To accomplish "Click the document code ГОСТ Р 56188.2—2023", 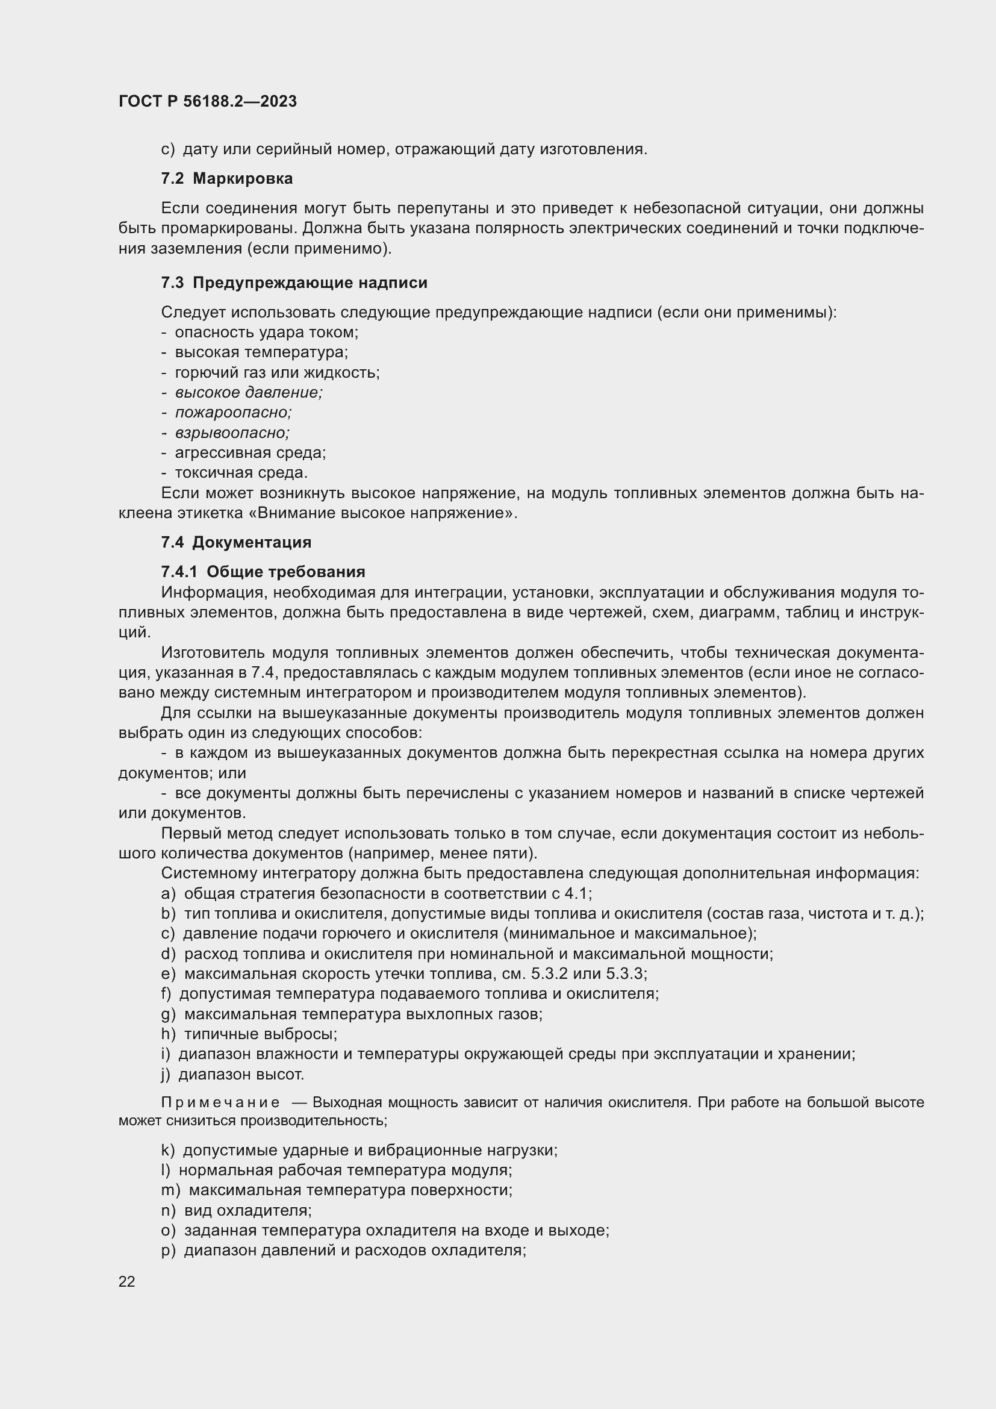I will click(x=207, y=101).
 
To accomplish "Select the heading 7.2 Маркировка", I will click(x=226, y=178).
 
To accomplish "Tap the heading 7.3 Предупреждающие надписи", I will click(x=294, y=283).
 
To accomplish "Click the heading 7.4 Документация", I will click(x=236, y=542).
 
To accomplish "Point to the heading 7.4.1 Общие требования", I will click(x=263, y=572).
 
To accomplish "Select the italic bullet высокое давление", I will click(x=248, y=392).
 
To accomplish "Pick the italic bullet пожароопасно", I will click(x=233, y=413).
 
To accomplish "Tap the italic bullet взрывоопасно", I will click(x=232, y=433).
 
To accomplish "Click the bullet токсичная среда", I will click(x=240, y=472).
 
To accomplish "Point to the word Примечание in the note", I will click(x=220, y=1102).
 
